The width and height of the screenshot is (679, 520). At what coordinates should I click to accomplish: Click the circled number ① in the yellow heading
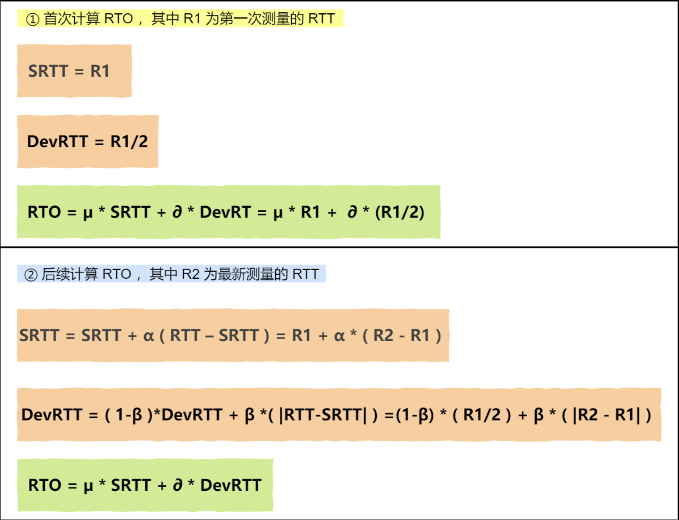pos(32,19)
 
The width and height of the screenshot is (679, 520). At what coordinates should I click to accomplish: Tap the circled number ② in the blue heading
pos(31,275)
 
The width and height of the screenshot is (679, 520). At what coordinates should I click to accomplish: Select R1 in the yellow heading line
pos(192,19)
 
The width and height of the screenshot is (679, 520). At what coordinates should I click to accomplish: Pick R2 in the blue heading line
pos(190,274)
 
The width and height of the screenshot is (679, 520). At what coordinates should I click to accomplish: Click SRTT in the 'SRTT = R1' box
pos(48,71)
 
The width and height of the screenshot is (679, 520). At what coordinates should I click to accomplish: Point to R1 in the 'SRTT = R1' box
pos(100,71)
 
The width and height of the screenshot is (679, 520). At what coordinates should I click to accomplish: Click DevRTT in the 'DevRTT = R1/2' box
pos(57,142)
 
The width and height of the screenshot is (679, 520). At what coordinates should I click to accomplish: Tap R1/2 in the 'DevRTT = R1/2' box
pos(129,142)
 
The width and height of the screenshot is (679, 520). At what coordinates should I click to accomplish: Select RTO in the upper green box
pos(44,212)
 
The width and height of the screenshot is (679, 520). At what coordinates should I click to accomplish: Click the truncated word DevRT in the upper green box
pos(225,212)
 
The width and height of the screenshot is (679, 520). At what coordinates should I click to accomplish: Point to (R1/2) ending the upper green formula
pos(400,212)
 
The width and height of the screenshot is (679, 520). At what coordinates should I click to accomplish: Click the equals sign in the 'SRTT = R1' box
pos(79,72)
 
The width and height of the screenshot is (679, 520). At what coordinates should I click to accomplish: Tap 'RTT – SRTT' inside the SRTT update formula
pos(214,335)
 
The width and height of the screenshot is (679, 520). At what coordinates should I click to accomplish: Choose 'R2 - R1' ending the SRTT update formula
pos(401,335)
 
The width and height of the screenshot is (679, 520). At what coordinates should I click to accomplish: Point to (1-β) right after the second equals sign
pos(415,415)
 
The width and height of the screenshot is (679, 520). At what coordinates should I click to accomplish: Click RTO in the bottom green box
pos(45,485)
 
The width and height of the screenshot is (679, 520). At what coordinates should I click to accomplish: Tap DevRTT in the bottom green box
pos(231,485)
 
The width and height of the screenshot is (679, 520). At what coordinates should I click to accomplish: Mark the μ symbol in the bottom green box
pos(88,486)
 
